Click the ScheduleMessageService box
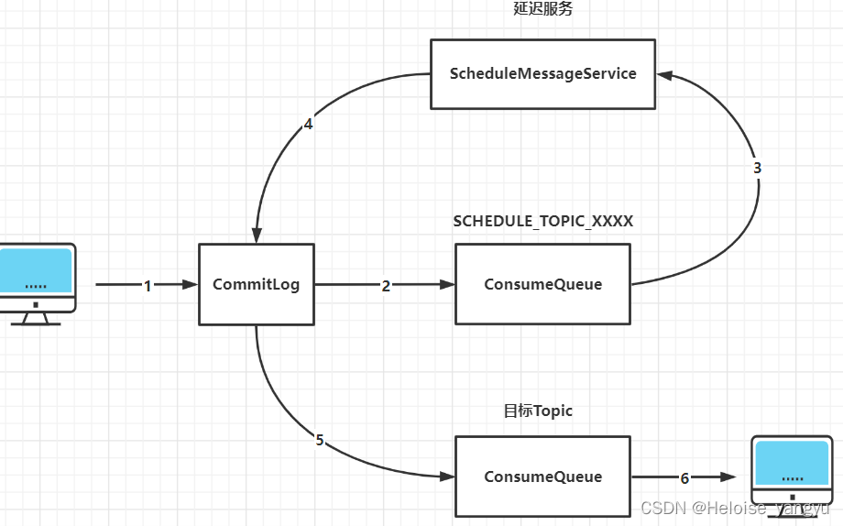[543, 73]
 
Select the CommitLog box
[257, 284]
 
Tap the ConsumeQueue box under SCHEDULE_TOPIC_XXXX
[542, 284]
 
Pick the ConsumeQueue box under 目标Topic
[542, 477]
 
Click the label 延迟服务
[543, 10]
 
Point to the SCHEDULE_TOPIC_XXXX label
[543, 222]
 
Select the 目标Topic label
[538, 411]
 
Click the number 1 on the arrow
[148, 286]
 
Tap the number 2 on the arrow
[386, 286]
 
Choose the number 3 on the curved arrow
[757, 169]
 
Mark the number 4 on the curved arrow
[308, 125]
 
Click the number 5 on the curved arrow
[320, 440]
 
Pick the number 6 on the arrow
[684, 477]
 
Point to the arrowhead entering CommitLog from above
[257, 236]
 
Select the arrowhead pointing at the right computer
[728, 477]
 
